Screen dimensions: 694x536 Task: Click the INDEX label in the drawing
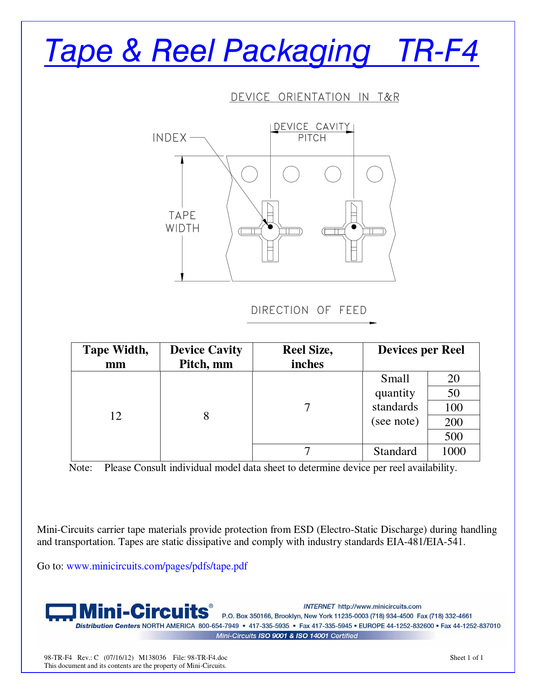click(x=169, y=138)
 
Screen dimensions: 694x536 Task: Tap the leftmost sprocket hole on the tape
click(x=249, y=174)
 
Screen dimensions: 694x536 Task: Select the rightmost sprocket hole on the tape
click(x=375, y=174)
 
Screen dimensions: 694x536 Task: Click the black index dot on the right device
click(x=354, y=227)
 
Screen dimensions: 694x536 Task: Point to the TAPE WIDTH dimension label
click(x=182, y=222)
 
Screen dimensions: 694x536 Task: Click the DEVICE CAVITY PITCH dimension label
click(x=312, y=132)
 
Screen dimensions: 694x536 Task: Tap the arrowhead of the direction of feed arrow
click(x=373, y=323)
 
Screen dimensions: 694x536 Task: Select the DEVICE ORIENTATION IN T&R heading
click(x=314, y=97)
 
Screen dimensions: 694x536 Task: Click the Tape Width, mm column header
click(x=116, y=357)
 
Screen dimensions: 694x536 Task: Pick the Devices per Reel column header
click(x=421, y=350)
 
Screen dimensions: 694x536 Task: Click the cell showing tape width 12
click(x=116, y=416)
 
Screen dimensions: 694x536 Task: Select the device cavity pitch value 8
click(x=206, y=416)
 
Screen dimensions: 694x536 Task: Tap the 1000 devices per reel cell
click(x=454, y=451)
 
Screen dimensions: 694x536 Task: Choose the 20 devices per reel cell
click(x=454, y=379)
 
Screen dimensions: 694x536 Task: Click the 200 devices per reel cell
click(x=454, y=422)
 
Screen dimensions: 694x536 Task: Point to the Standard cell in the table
click(x=395, y=451)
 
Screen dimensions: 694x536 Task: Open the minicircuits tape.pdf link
click(x=157, y=566)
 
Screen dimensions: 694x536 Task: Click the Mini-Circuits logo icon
click(x=61, y=612)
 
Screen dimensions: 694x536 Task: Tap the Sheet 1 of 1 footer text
click(x=466, y=658)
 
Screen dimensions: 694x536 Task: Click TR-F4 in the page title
click(x=438, y=51)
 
